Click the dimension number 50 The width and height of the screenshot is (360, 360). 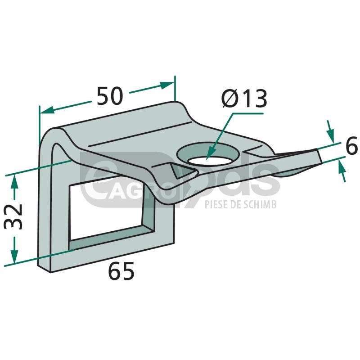click(110, 96)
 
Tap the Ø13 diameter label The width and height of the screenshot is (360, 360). click(244, 99)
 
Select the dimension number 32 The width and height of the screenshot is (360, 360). click(13, 216)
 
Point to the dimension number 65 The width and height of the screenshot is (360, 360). click(121, 271)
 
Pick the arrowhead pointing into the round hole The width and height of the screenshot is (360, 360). click(210, 153)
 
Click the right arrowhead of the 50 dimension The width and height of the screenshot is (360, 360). click(167, 85)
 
